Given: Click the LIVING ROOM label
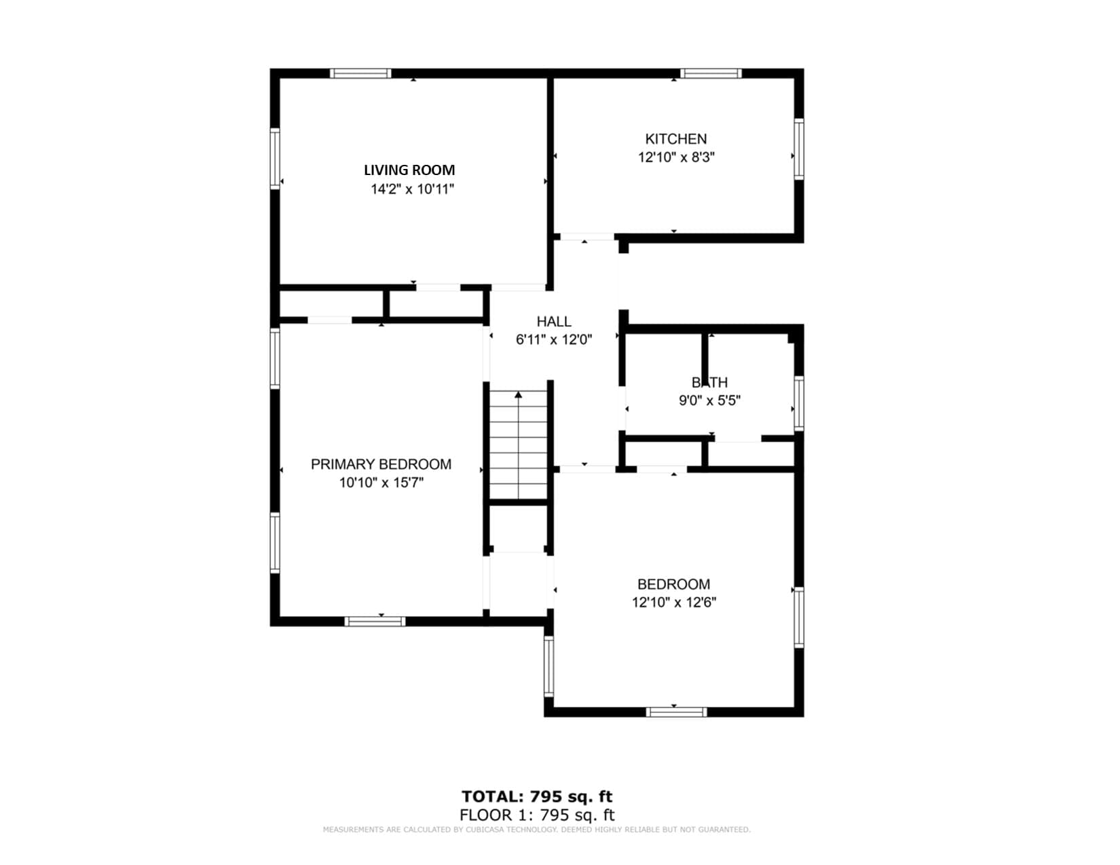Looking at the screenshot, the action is (409, 170).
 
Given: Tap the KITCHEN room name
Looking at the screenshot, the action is (675, 139).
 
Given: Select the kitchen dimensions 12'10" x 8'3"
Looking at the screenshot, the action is (675, 157).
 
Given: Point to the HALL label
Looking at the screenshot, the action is (554, 322).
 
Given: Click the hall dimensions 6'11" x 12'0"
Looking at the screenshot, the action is (554, 340).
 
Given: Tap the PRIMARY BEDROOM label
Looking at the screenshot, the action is (381, 465).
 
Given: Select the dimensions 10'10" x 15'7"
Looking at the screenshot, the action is (381, 483).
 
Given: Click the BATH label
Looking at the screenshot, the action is (710, 383).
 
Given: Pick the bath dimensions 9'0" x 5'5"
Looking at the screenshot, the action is (710, 401).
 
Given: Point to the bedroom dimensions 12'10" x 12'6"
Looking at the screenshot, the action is (674, 602).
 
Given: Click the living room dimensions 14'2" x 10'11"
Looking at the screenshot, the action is (412, 189).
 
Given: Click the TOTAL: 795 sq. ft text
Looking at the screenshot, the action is (536, 796).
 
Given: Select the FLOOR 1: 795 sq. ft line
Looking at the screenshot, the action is (536, 815).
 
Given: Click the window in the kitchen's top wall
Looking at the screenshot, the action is (711, 73).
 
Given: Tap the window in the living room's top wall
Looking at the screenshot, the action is (360, 73).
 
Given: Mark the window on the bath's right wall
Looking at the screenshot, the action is (799, 404).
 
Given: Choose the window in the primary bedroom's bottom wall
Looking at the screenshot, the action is (375, 621).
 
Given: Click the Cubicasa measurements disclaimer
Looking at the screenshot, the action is (536, 830).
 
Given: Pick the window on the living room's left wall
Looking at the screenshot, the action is (275, 159).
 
